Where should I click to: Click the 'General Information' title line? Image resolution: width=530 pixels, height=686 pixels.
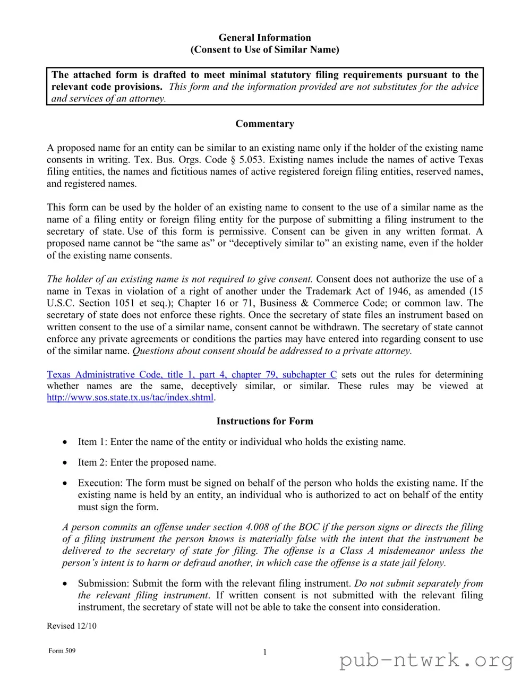click(x=264, y=38)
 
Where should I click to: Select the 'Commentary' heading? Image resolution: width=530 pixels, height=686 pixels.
click(x=264, y=124)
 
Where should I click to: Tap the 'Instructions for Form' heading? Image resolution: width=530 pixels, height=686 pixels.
click(x=264, y=421)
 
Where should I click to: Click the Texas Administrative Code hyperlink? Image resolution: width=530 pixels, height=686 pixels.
click(x=192, y=374)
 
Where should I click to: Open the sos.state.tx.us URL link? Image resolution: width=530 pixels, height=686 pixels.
click(x=130, y=397)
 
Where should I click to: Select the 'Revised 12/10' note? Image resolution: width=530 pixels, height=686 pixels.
click(x=72, y=625)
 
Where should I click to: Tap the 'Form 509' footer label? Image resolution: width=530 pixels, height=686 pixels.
click(x=62, y=651)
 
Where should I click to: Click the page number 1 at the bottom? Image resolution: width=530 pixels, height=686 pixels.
click(x=264, y=652)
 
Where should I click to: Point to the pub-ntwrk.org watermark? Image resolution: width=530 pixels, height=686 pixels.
click(x=426, y=661)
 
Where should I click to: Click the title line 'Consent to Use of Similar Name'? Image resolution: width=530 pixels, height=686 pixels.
click(x=264, y=49)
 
